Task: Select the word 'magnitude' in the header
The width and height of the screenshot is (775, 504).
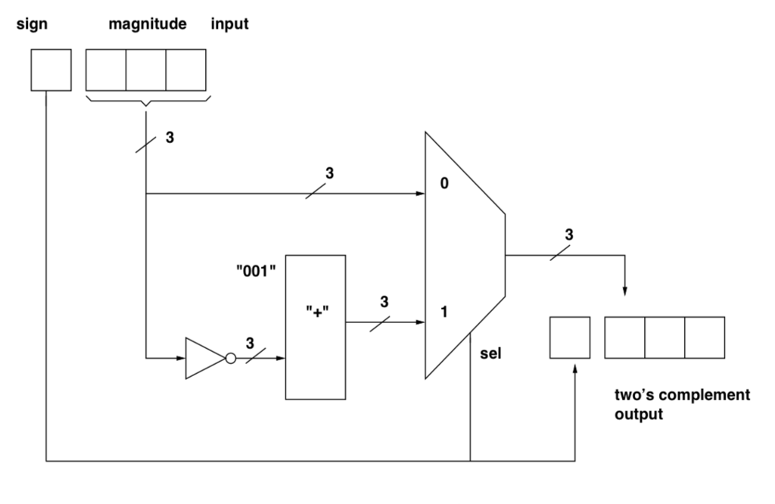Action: [148, 24]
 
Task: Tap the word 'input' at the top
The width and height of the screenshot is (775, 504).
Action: [229, 24]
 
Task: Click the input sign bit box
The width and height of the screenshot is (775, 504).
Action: [51, 69]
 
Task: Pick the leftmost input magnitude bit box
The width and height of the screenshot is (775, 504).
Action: [106, 69]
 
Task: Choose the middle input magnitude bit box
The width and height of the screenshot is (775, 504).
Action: [146, 69]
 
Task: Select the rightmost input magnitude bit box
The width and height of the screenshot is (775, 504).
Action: [186, 69]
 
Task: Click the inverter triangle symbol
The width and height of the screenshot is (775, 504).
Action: [203, 357]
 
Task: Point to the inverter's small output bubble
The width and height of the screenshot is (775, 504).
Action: [229, 357]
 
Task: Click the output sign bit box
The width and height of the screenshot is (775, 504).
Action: [569, 338]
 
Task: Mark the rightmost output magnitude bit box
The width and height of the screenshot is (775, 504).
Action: [705, 338]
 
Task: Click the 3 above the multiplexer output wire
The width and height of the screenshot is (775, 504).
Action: [568, 235]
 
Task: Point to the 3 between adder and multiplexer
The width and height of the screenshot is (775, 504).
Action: [384, 301]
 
